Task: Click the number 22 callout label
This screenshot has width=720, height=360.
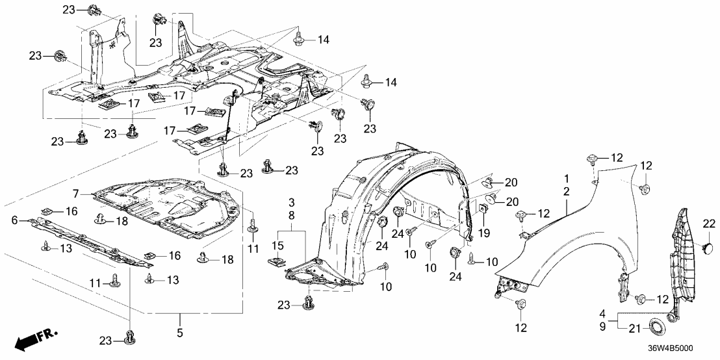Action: pos(708,224)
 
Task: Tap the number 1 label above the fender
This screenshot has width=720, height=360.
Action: pos(566,178)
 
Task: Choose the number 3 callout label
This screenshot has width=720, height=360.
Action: pos(292,204)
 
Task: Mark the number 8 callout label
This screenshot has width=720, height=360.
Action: pos(292,216)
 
